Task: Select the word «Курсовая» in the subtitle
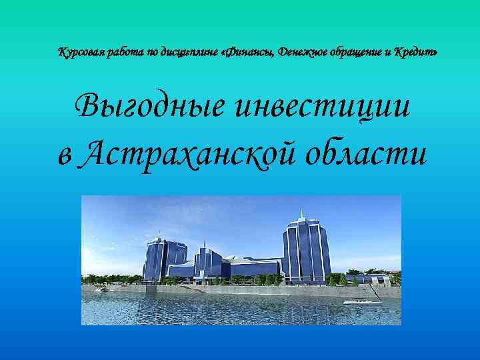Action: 80,52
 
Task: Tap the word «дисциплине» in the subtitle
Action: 185,52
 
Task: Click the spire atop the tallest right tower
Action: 301,213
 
